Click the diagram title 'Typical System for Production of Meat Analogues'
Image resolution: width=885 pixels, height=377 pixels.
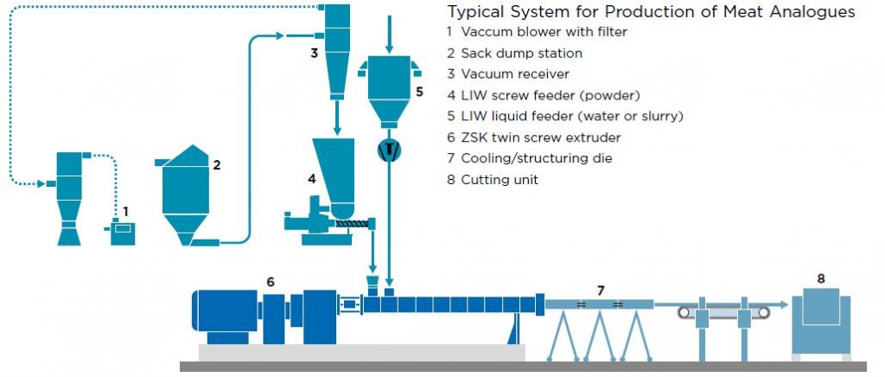point(651,12)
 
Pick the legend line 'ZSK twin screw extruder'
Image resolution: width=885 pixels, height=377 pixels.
point(540,137)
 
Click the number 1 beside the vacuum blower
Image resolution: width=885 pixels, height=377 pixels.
point(125,210)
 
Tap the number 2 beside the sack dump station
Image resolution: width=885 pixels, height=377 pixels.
point(217,163)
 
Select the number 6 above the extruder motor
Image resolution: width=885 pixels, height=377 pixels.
point(271,281)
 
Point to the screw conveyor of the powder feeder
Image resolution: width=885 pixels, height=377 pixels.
point(353,223)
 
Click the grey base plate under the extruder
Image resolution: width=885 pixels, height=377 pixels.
point(360,352)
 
